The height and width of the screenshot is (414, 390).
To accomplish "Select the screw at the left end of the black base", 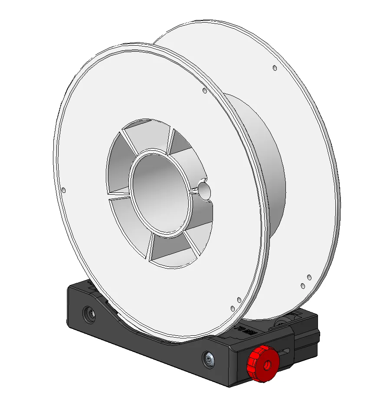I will click(x=90, y=314).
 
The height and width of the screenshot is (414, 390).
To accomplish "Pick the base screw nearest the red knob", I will click(x=210, y=359).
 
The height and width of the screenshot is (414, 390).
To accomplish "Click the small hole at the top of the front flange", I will click(x=204, y=91).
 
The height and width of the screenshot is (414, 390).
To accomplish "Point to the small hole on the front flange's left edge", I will click(x=64, y=190).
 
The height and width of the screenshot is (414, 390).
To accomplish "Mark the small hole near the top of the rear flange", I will click(x=275, y=68).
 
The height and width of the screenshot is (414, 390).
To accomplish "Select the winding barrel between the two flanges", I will click(x=260, y=165).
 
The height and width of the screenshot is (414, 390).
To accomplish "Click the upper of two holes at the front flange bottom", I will click(x=239, y=300).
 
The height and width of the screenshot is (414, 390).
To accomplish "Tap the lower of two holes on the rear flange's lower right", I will click(x=302, y=286).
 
